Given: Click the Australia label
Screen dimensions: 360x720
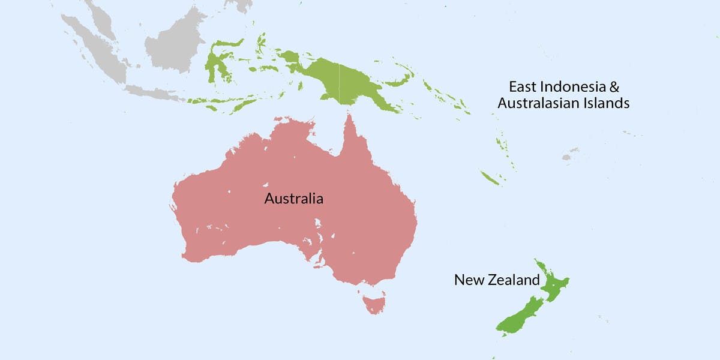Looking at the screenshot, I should [293, 198].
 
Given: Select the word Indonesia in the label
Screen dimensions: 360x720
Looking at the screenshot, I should [563, 86].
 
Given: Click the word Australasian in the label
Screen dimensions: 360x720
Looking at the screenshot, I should [539, 103].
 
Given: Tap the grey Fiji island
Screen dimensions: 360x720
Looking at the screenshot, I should [566, 157].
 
